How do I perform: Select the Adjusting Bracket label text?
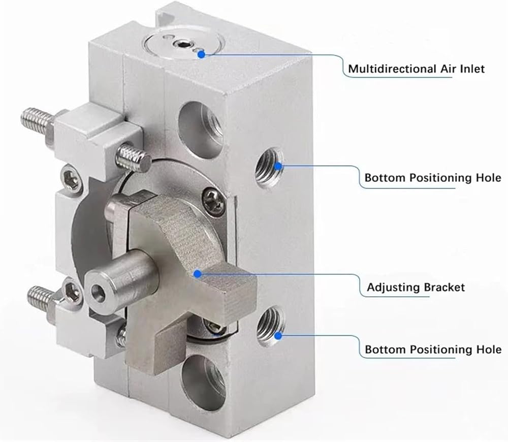pos(416,288)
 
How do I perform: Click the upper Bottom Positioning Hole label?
pos(433,178)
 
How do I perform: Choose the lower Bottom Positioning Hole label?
pos(433,350)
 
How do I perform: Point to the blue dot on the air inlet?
pos(202,55)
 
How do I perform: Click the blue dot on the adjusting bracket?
pos(198,274)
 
